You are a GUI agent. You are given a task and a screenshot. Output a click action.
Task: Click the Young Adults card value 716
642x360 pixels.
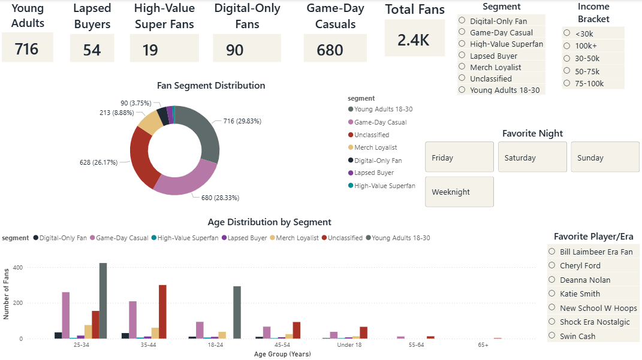point(27,49)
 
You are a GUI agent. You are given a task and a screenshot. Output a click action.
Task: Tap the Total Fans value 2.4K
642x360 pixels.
point(414,40)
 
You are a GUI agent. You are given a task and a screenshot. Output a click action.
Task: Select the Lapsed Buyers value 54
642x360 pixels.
point(92,50)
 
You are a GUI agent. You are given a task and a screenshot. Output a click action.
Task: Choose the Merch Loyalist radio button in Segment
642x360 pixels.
point(462,67)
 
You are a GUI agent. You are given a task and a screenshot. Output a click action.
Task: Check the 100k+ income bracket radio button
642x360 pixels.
point(567,46)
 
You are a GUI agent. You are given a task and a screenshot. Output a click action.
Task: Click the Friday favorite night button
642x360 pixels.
point(459,158)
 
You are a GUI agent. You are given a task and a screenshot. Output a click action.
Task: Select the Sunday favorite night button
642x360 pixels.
point(605,158)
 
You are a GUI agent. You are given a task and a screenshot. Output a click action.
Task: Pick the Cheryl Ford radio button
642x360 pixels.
point(552,265)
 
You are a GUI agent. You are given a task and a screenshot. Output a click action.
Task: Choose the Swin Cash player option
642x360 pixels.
point(552,336)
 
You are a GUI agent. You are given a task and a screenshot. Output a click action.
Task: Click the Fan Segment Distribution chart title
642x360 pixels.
point(211,86)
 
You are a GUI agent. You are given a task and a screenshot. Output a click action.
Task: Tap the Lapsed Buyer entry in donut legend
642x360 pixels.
point(374,173)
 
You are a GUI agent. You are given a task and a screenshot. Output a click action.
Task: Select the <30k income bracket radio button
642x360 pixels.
point(567,34)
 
